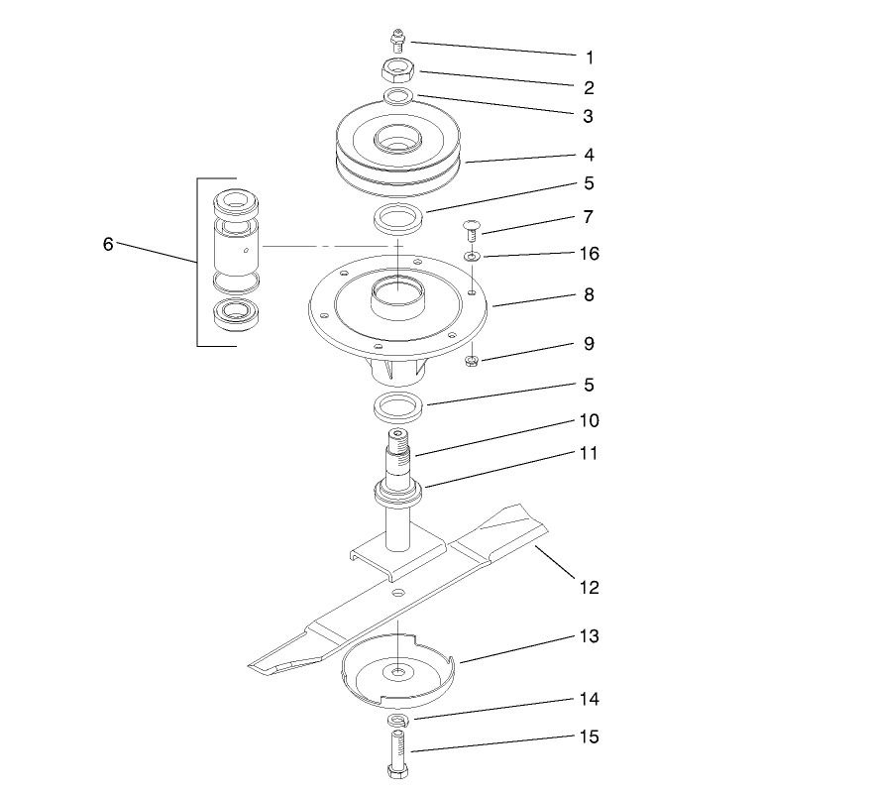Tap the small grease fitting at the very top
(397, 40)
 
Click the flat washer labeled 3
(399, 97)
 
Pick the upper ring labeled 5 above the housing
(399, 217)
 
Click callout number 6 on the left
(108, 244)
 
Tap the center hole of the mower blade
(397, 592)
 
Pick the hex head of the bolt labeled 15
(397, 771)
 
